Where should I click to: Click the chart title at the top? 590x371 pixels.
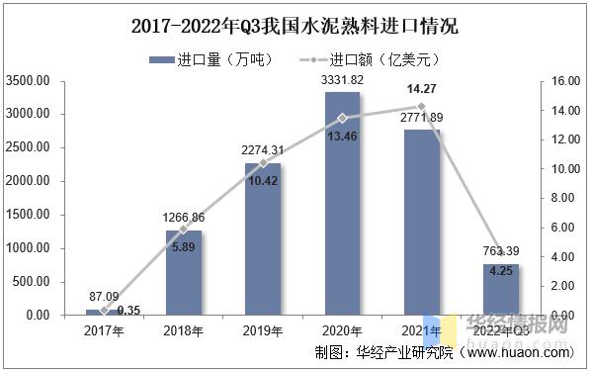295,22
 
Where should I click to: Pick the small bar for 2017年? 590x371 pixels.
104,312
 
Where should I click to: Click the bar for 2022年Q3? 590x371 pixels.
500,289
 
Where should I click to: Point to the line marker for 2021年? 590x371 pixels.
422,107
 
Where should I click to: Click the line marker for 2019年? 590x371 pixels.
263,162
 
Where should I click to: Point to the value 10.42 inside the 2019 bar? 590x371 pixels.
263,181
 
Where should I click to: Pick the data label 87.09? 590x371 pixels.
104,296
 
